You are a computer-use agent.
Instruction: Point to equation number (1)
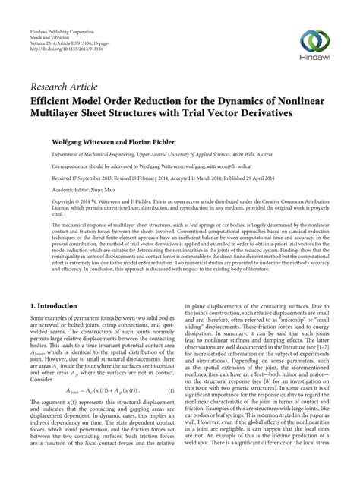click(171, 392)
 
